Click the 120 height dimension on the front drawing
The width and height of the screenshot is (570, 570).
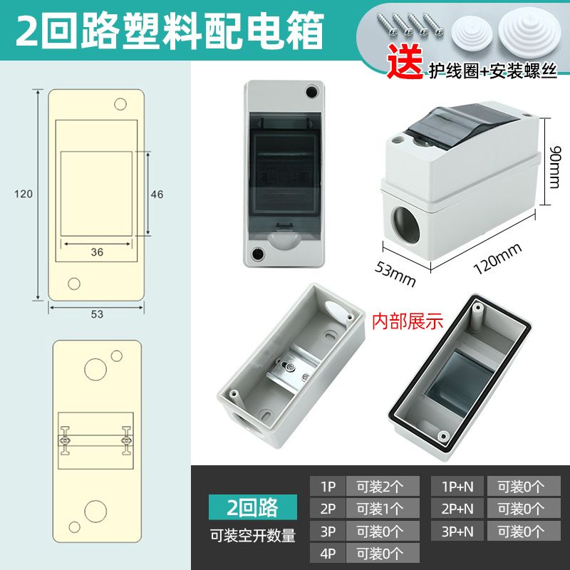[24, 194]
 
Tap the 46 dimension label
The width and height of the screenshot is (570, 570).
[157, 195]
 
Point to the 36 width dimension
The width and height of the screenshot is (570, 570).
[97, 252]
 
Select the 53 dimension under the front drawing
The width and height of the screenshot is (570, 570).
[97, 314]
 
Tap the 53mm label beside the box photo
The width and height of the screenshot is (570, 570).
[395, 274]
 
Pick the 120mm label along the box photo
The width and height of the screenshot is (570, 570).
[498, 258]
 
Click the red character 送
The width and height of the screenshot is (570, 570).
[405, 61]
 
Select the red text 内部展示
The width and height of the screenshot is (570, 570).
[407, 321]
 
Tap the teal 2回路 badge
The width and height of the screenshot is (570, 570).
[253, 507]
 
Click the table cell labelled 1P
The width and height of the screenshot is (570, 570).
[328, 487]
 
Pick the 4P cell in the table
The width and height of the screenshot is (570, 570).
[328, 554]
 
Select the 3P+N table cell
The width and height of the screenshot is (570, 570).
[457, 531]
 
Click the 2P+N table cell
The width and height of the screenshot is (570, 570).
[457, 509]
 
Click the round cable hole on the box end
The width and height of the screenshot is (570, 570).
[405, 225]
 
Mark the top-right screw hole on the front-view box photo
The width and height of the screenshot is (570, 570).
[312, 92]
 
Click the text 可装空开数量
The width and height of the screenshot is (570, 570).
[253, 536]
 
